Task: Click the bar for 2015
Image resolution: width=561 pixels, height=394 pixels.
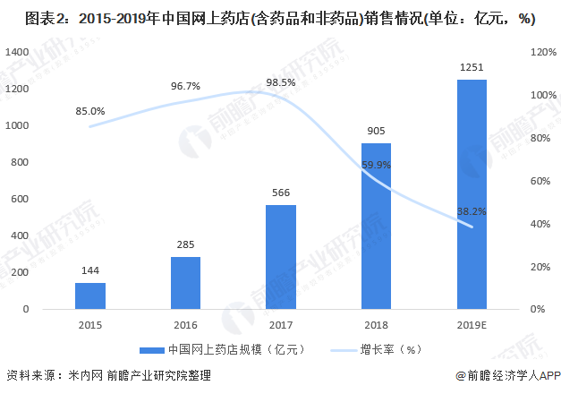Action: click(x=89, y=295)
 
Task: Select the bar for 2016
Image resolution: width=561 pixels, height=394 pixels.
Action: click(x=185, y=283)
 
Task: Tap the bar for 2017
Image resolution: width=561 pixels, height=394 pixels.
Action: click(x=281, y=257)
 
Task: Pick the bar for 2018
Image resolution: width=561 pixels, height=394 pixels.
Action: click(x=376, y=226)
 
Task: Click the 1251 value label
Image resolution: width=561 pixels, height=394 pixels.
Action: click(x=472, y=67)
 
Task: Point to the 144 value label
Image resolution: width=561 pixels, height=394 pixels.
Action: click(x=89, y=270)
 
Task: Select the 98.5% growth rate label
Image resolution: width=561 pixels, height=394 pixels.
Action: click(x=281, y=82)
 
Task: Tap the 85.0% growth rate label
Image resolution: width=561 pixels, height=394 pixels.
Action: click(x=90, y=112)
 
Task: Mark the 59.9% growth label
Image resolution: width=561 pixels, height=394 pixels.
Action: click(x=376, y=165)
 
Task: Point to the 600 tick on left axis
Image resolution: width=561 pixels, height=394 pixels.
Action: click(x=20, y=199)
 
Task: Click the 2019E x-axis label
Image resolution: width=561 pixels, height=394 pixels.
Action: click(x=472, y=323)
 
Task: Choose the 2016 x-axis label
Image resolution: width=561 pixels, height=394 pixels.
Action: click(x=185, y=323)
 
